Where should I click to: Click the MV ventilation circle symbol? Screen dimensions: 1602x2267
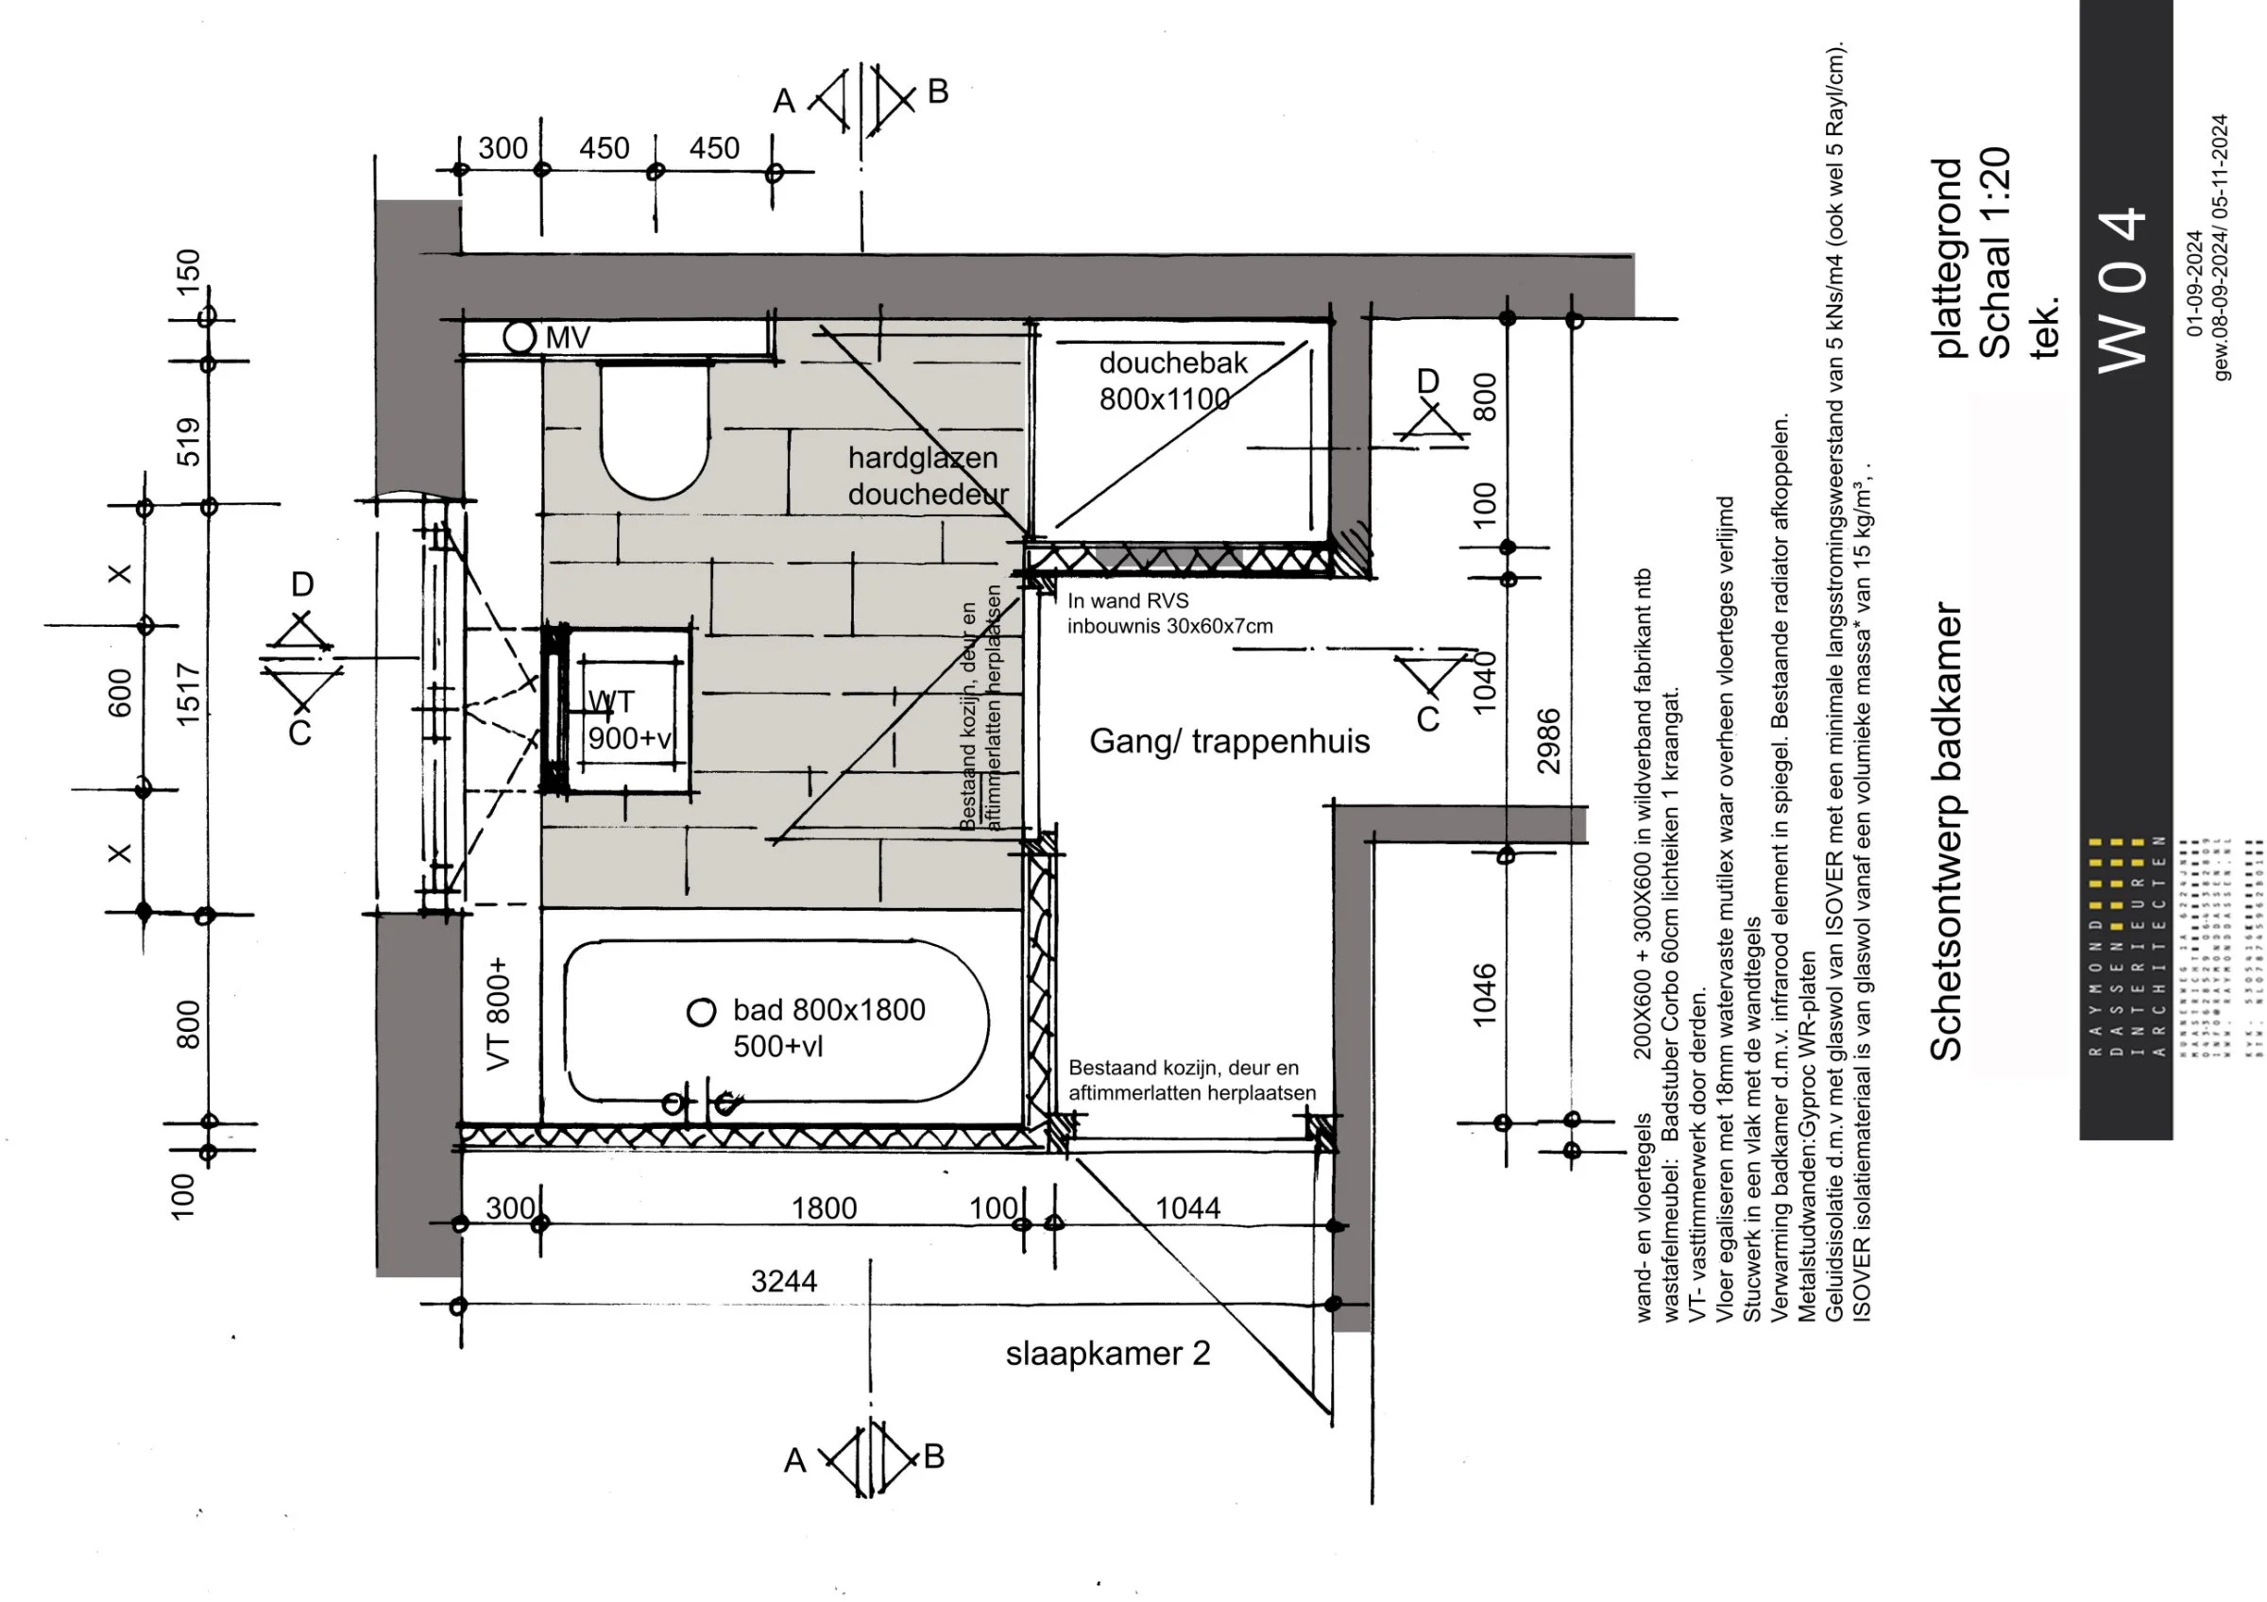click(520, 337)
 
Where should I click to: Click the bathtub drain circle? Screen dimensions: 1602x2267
click(701, 1012)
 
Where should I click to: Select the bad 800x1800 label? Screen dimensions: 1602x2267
click(828, 1026)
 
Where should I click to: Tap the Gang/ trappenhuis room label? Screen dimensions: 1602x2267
click(1228, 741)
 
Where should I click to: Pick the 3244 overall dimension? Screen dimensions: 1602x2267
click(783, 1281)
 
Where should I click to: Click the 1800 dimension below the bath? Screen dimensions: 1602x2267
click(824, 1208)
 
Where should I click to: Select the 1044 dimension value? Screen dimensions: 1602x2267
click(1186, 1208)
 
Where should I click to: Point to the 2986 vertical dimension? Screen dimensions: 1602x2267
click(1548, 740)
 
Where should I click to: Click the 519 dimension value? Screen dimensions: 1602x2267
click(188, 441)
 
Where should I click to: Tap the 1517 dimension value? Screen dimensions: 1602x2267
click(188, 694)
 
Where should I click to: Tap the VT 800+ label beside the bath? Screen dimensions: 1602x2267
click(499, 1012)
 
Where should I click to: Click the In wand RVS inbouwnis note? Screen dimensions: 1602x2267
click(1169, 613)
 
